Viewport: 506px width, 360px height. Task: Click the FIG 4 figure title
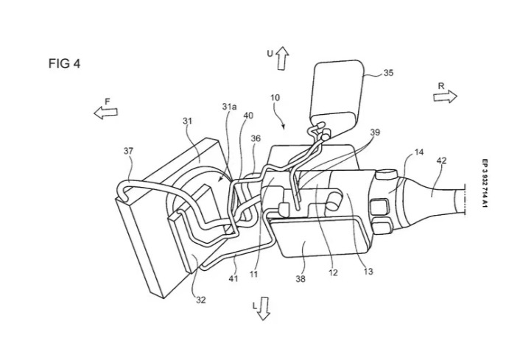pos(64,63)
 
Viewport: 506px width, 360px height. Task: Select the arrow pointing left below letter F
pos(106,112)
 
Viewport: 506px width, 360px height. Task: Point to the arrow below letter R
pos(445,97)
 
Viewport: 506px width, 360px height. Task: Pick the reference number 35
pos(388,73)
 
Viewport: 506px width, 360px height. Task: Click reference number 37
pos(129,151)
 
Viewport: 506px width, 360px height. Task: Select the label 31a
pos(230,107)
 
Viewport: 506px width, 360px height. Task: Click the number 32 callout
pos(200,300)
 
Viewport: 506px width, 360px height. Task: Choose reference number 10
pos(275,97)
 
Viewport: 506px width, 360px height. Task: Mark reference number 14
pos(418,152)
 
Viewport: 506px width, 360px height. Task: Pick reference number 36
pos(255,138)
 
